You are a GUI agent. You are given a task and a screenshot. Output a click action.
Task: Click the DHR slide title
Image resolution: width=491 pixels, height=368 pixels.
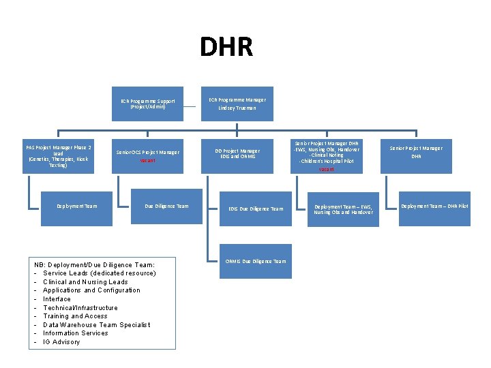(226, 47)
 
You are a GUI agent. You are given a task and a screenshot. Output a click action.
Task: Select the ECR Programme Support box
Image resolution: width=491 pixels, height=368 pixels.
(148, 104)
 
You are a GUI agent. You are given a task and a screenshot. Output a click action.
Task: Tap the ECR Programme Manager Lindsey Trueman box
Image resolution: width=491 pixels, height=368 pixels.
(237, 104)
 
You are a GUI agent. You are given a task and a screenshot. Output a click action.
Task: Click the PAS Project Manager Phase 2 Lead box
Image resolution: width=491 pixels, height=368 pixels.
(59, 156)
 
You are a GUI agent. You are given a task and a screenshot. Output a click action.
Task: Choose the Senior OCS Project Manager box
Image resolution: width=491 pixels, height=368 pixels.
(148, 156)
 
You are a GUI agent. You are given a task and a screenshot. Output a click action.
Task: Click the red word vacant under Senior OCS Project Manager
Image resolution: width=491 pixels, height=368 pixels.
(147, 161)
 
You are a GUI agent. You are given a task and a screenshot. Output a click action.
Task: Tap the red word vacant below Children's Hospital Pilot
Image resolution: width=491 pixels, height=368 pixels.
(327, 169)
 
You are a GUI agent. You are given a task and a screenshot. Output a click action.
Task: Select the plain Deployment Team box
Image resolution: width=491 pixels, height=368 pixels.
(77, 206)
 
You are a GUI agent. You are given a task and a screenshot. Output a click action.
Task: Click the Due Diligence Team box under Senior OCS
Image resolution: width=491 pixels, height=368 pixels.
(167, 206)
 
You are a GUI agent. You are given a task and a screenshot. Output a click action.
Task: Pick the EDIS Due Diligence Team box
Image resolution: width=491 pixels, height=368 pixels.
(256, 209)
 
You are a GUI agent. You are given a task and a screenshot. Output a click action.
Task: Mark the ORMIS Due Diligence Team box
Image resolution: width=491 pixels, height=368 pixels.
(256, 261)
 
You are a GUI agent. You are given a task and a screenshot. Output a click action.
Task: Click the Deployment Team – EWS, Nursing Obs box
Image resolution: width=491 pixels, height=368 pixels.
(344, 209)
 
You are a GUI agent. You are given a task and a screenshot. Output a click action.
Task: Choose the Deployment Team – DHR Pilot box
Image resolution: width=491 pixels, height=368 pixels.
(434, 206)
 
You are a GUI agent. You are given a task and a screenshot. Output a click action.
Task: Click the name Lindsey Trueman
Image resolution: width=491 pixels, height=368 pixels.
(237, 108)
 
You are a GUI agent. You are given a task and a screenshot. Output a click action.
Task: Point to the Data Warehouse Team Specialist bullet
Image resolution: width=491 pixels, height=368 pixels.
(96, 324)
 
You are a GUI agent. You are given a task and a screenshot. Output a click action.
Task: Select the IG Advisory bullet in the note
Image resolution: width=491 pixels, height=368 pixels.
(61, 341)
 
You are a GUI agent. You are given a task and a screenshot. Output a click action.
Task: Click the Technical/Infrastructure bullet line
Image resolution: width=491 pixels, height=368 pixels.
(80, 307)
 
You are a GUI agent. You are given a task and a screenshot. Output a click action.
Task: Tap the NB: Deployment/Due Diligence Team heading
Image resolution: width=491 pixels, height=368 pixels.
(94, 264)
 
